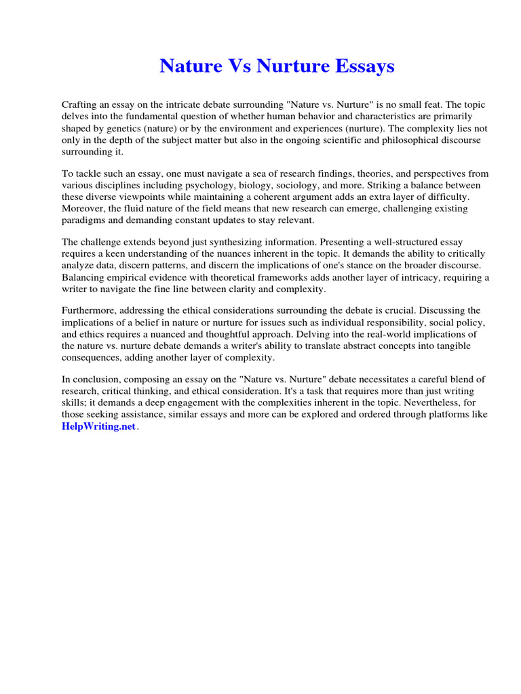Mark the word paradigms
(x=84, y=220)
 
